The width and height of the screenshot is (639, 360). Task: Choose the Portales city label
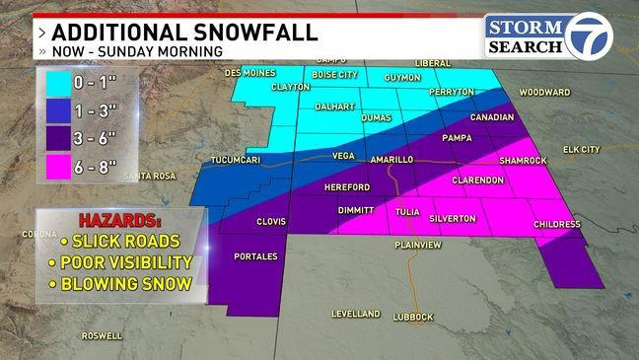tap(257, 256)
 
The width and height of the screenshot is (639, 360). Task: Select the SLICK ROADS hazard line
tap(118, 242)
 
